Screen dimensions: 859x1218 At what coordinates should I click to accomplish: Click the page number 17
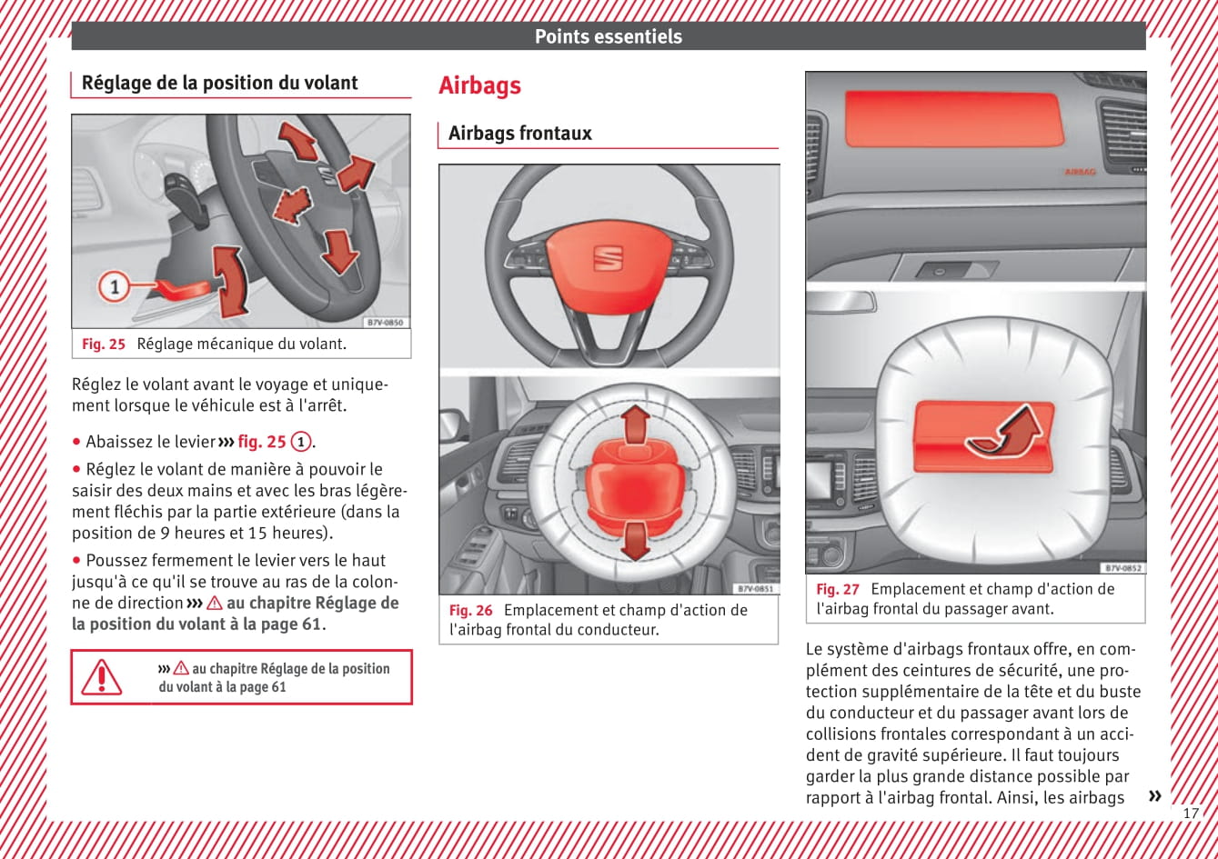point(1191,813)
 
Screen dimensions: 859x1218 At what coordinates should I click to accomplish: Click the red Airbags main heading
point(479,85)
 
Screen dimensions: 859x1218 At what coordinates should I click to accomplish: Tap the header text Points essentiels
point(608,36)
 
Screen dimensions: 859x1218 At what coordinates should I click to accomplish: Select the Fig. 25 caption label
point(103,345)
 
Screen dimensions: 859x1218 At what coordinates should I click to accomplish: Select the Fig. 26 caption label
point(470,610)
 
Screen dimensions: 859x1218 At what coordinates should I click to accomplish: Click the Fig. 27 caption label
point(837,589)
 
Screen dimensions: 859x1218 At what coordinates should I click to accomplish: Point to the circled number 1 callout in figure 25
point(115,288)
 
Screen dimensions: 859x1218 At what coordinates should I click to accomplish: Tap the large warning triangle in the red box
point(101,677)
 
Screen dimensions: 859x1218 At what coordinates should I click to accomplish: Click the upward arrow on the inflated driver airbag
point(636,423)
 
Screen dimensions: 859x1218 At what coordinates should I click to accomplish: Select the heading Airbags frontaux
point(519,134)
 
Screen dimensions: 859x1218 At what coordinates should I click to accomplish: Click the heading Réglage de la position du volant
point(219,83)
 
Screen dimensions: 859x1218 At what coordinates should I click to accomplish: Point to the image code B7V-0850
point(385,323)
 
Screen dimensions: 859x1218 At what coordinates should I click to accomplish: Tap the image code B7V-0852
point(1122,568)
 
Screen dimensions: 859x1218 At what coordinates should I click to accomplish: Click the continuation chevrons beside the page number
point(1154,796)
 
